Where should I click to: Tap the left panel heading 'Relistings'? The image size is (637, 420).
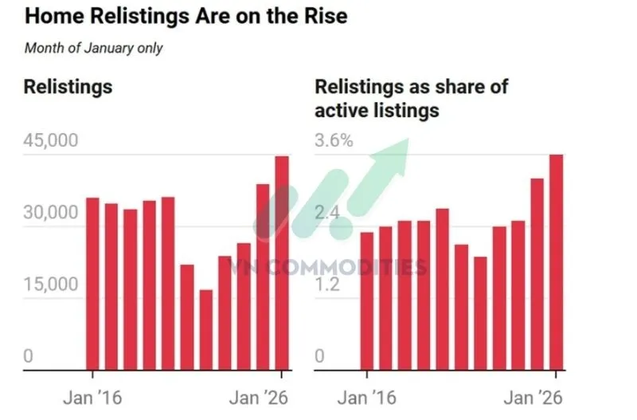(x=68, y=87)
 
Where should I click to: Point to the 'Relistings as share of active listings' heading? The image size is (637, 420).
(x=411, y=98)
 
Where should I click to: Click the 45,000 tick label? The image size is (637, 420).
(x=51, y=141)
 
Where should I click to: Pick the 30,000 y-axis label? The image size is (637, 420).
(x=51, y=214)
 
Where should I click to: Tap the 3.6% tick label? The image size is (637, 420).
(x=334, y=141)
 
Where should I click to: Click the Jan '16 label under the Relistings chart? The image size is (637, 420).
(x=92, y=398)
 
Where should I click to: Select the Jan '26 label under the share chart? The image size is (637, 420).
(x=534, y=398)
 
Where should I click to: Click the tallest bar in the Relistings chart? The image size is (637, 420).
(x=282, y=263)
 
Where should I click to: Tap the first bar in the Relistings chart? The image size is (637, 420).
(x=92, y=284)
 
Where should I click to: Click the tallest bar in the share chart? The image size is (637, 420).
(x=556, y=262)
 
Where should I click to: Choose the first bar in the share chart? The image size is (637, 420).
(x=366, y=300)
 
